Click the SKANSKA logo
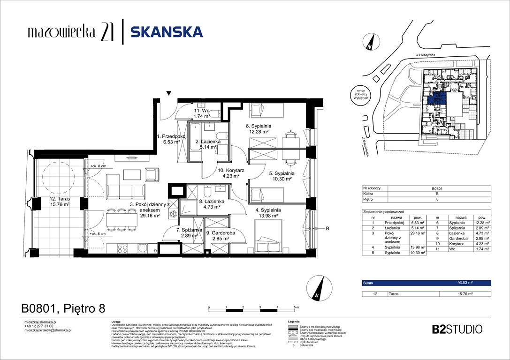tap(166, 32)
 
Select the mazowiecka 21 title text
tap(69, 32)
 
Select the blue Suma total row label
tap(368, 283)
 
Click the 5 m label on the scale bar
tap(295, 307)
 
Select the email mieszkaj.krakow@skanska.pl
tap(47, 330)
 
